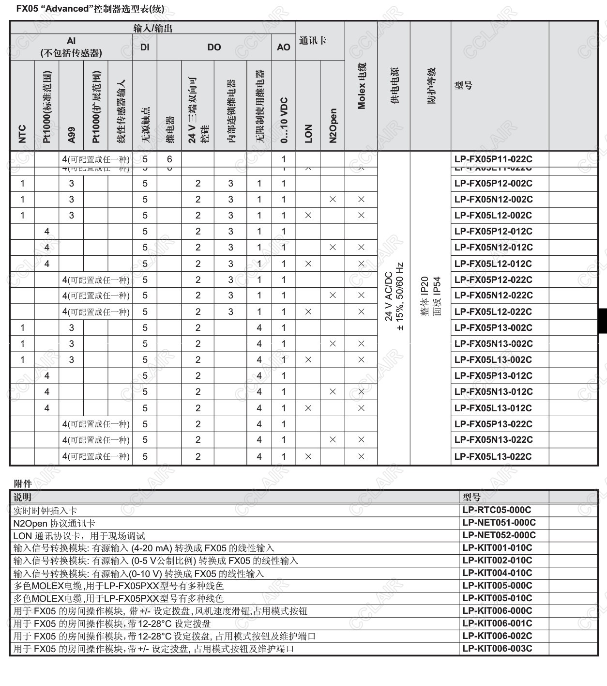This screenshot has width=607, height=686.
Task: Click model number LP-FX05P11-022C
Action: [x=493, y=159]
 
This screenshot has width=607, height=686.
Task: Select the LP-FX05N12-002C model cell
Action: [x=493, y=199]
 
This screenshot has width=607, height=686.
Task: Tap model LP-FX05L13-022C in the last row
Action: [x=493, y=456]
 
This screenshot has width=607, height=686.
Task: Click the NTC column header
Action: [x=22, y=134]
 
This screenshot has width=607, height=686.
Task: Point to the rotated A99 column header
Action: [x=71, y=135]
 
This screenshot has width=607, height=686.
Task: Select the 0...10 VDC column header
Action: [x=284, y=120]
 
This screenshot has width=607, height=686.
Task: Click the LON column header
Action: [x=308, y=133]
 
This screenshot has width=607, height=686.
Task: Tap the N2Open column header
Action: [x=333, y=125]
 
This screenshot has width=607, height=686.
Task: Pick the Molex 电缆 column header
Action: [x=362, y=86]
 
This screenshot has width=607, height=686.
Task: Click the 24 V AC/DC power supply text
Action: [x=388, y=296]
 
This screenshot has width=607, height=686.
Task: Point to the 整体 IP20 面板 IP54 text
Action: [x=431, y=296]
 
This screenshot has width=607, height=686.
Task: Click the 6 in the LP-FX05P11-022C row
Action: [x=169, y=159]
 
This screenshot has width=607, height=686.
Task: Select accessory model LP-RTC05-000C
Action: [x=496, y=510]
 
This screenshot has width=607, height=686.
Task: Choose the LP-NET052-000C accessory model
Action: [x=499, y=535]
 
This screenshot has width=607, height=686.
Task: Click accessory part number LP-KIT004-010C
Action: [x=497, y=573]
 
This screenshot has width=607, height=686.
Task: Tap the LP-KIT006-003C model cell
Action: [x=497, y=649]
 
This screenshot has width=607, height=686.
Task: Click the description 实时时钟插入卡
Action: [x=45, y=511]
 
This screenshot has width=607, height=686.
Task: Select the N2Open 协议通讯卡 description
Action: [x=54, y=523]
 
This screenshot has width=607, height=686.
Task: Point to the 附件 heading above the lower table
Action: [x=23, y=483]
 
